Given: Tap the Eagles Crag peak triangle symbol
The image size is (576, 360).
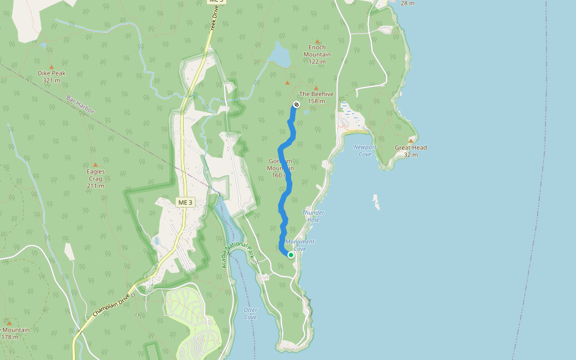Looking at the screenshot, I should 95,165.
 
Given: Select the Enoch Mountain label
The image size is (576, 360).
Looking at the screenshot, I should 317,51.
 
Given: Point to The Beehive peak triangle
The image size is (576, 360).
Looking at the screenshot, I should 316,88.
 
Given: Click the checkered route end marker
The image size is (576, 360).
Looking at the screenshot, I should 296,105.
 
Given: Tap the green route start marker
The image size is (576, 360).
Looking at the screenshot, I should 291,255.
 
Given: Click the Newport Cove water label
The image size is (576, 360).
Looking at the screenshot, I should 365,151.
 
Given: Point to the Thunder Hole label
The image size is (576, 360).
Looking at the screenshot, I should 313,216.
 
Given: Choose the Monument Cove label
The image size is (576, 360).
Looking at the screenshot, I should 300,245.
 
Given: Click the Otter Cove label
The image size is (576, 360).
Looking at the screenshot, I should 250,313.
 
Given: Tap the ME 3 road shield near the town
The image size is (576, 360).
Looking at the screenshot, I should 185,203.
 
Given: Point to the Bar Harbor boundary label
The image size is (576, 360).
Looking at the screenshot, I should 81,107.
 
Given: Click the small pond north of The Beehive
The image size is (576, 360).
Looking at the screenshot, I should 280,56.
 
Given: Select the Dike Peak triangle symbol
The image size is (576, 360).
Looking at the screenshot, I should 51,67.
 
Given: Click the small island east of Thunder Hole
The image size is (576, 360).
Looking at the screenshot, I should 376,202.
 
